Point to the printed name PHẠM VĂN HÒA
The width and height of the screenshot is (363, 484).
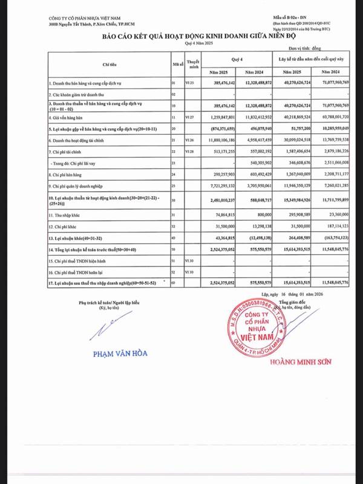click(x=120, y=353)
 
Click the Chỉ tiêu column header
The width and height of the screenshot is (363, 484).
click(x=110, y=63)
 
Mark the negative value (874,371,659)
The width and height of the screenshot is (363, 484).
click(x=220, y=129)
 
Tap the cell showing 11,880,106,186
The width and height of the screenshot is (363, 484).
click(x=218, y=140)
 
